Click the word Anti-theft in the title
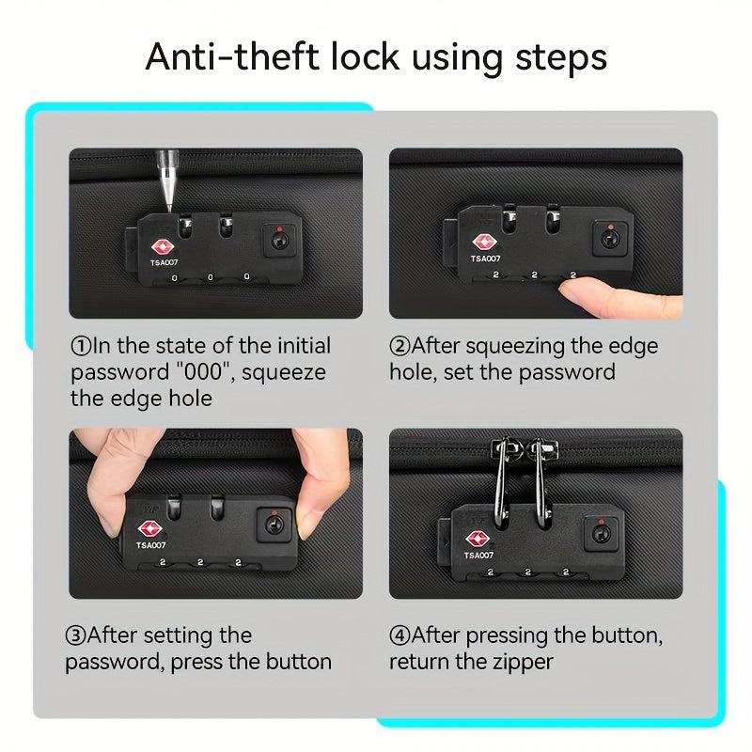coord(232,56)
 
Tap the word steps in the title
coord(561,58)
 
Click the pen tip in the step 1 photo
coord(169,207)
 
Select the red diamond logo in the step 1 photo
coord(163,247)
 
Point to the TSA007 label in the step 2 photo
coord(485,259)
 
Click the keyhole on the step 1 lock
coord(279,240)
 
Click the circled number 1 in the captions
coord(81,346)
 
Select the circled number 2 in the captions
coord(399,346)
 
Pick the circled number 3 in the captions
coord(75,635)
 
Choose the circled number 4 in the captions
coord(399,635)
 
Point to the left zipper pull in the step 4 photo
coord(502,479)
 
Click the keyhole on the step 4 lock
coord(601,533)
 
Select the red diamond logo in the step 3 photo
coord(150,529)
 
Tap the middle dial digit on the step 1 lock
coord(210,277)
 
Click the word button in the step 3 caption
coord(298,662)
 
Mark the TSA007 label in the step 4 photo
coord(478,556)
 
